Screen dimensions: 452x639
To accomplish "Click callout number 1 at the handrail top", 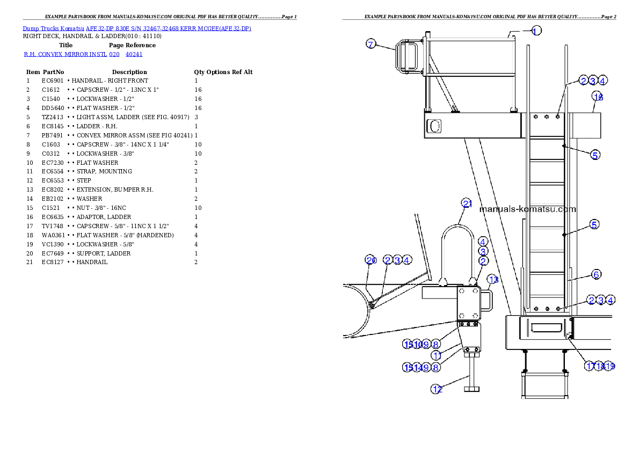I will click(535, 31).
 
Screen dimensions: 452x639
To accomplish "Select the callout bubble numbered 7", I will click(371, 44).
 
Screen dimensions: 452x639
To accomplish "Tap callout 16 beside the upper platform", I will click(598, 97).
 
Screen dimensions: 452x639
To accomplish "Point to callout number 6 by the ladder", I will click(596, 274).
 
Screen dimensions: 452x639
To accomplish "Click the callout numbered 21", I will click(467, 203).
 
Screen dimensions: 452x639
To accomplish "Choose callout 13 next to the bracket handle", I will click(493, 279).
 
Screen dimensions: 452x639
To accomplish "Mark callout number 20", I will click(371, 260).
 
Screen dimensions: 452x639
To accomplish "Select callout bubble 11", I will click(438, 355).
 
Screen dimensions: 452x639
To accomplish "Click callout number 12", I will click(438, 389).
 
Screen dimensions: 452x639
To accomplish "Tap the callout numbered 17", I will click(590, 366).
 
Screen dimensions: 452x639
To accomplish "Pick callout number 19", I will click(609, 366).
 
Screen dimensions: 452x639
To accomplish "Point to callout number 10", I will click(417, 344).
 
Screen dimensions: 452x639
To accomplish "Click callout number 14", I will click(417, 368).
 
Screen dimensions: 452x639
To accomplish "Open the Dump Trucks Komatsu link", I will click(137, 28).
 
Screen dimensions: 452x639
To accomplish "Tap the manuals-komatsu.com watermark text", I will click(527, 209).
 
